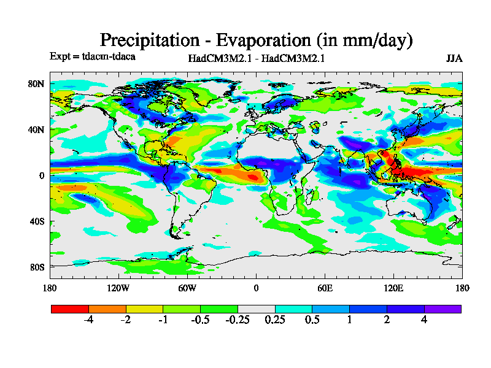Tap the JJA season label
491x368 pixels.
[454, 59]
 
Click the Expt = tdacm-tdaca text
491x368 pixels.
[92, 56]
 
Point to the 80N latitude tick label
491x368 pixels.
[37, 83]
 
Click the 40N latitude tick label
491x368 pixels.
[37, 129]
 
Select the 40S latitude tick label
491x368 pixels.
[37, 221]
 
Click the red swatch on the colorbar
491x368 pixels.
[69, 309]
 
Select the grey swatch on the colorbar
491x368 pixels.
[256, 309]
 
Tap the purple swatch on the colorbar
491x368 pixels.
[443, 309]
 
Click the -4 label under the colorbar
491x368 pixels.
[88, 320]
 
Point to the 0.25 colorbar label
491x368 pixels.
[275, 320]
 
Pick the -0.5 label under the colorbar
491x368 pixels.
[199, 320]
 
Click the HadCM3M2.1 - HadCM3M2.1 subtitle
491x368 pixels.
[257, 59]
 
